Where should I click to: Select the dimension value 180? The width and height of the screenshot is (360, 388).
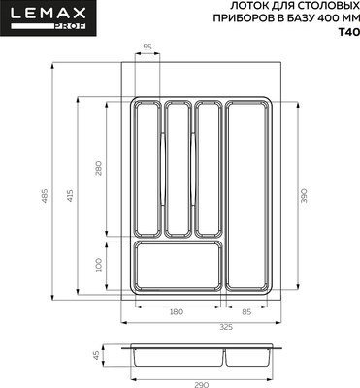pyautogui.click(x=176, y=311)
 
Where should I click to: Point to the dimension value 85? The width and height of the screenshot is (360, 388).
pyautogui.click(x=246, y=311)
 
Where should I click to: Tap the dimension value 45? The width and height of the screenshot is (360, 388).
pyautogui.click(x=97, y=355)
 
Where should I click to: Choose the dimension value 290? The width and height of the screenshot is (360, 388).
pyautogui.click(x=201, y=385)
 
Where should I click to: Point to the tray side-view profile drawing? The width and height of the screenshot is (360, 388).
pyautogui.click(x=201, y=355)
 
